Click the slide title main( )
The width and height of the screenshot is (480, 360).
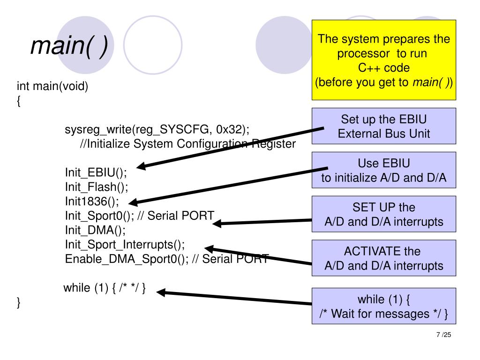[x=69, y=46]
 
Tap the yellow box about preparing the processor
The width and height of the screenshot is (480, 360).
[x=383, y=60]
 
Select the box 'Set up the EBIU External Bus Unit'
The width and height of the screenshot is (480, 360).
[x=383, y=126]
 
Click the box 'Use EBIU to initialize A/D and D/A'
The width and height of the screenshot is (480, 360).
[x=383, y=170]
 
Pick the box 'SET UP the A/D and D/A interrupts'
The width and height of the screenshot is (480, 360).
[x=383, y=214]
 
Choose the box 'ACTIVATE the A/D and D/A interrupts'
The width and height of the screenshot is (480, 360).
[x=383, y=258]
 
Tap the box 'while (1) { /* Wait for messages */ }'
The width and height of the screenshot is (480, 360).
[x=383, y=306]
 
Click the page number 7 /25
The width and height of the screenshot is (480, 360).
[x=443, y=335]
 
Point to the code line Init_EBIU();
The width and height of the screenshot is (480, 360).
[x=96, y=172]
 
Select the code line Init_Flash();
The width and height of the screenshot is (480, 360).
[x=97, y=187]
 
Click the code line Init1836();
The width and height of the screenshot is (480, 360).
[x=92, y=202]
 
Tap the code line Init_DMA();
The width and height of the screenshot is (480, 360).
[x=95, y=230]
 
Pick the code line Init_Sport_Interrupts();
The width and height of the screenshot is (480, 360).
[x=125, y=245]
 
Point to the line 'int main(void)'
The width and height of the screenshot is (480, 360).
[x=52, y=86]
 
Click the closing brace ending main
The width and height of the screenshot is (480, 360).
[x=19, y=302]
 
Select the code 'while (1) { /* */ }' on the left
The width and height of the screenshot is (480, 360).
[x=105, y=288]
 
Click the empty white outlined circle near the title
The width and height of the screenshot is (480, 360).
[x=124, y=45]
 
